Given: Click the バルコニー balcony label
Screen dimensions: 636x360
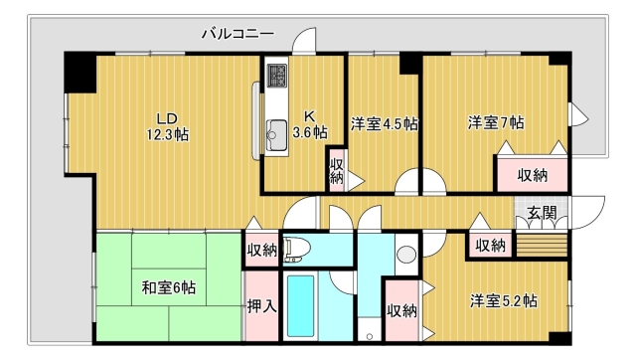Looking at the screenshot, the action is coord(238,33).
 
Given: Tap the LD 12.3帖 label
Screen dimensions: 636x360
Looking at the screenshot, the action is coord(168,126).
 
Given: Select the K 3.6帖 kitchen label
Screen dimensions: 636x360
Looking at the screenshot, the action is coord(310,124).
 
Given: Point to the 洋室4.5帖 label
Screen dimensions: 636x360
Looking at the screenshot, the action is coord(385,123).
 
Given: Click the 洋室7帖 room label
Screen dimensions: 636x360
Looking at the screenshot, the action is coord(496,122).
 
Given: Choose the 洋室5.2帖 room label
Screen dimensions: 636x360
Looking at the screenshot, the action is coord(504,301).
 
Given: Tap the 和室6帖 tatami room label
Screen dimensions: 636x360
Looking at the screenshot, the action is coord(169,287).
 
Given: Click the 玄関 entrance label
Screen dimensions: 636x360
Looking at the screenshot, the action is coord(542,212).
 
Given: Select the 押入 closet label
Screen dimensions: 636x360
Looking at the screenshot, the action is coord(262,305).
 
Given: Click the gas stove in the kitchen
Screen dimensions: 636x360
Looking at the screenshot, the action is coord(277,76).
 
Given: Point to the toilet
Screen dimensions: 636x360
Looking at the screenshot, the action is coord(296,249).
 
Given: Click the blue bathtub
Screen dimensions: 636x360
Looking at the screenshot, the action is coord(300,306).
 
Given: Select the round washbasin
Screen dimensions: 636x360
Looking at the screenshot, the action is coord(406,255).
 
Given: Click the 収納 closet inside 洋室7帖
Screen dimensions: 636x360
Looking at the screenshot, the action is coord(533,174).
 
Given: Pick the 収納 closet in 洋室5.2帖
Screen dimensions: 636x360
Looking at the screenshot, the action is coord(401,311).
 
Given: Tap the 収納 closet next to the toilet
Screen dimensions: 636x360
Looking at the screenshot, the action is coord(262,251).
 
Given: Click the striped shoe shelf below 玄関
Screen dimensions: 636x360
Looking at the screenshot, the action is coord(541,245).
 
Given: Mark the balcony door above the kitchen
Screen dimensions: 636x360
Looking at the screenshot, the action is coord(304,41).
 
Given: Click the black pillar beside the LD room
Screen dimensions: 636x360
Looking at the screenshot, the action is coord(79,73).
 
